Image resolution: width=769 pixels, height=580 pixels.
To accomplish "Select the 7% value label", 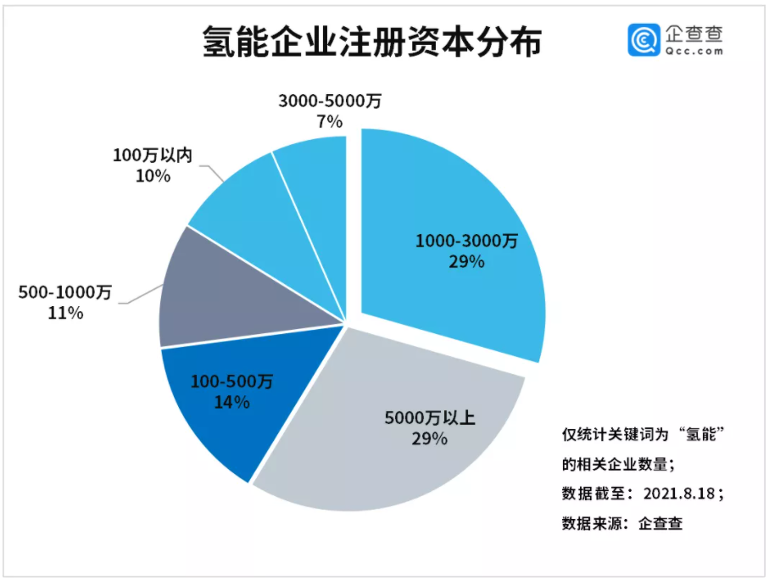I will [x=329, y=122].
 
